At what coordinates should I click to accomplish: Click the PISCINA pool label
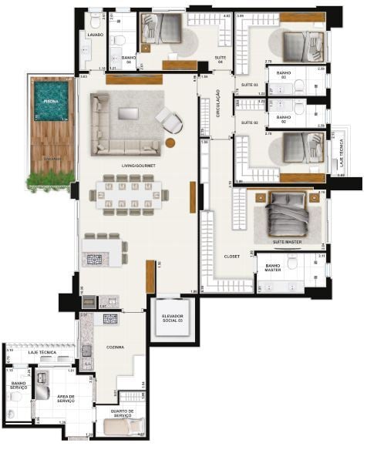[50, 101]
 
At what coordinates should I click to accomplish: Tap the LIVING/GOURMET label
[135, 166]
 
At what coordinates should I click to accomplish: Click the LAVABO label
[96, 35]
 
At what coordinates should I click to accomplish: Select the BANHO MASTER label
[273, 267]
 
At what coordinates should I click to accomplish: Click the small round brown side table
[170, 143]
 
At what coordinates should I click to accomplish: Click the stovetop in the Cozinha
[110, 318]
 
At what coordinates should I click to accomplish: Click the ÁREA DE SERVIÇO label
[66, 399]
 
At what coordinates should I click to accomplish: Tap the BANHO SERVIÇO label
[19, 386]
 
